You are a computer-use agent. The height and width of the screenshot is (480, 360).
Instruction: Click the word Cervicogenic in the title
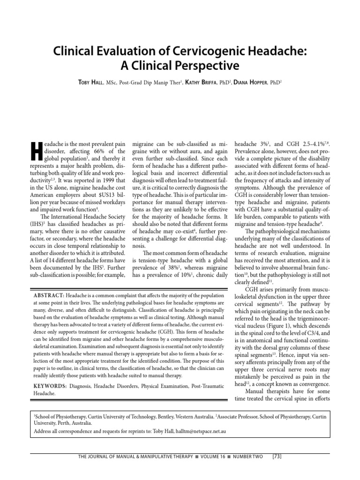[x=201, y=50]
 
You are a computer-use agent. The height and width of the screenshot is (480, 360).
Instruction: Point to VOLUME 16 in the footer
[x=207, y=455]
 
